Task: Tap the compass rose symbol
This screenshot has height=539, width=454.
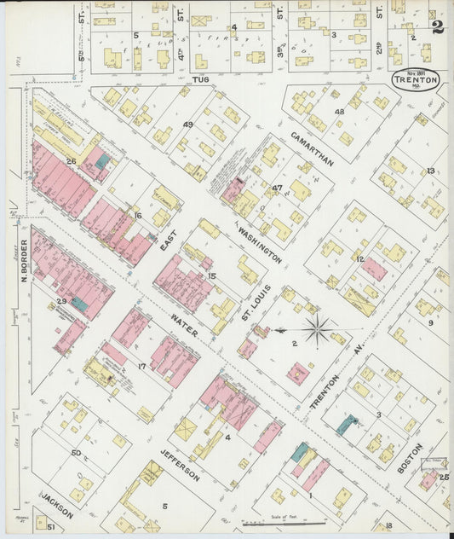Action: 316,330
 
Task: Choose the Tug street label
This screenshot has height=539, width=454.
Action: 201,78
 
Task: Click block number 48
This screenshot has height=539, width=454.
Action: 339,112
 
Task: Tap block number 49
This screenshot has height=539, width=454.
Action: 188,125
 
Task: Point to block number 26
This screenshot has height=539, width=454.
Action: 72,160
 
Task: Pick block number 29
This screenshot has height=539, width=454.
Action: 60,301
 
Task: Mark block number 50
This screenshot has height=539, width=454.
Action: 76,452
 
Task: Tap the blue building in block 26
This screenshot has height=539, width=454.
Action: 102,160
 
